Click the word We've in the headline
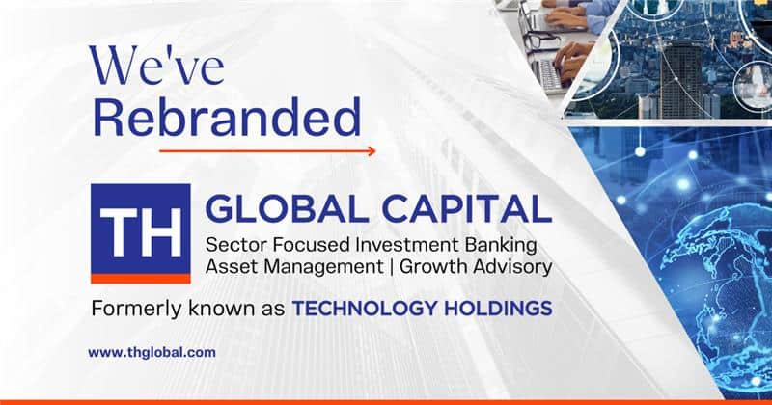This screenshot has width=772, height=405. [156, 66]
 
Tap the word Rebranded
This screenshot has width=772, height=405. [227, 118]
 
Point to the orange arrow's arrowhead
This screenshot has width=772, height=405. [372, 151]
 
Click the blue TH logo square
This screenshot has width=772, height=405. [141, 229]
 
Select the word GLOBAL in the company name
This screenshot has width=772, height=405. [287, 209]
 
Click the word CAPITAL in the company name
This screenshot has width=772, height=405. [467, 209]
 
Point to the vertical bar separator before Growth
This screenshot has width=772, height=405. [391, 267]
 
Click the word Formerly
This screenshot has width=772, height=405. [132, 310]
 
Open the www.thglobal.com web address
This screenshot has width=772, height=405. [152, 353]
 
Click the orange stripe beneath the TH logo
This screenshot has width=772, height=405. [141, 279]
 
